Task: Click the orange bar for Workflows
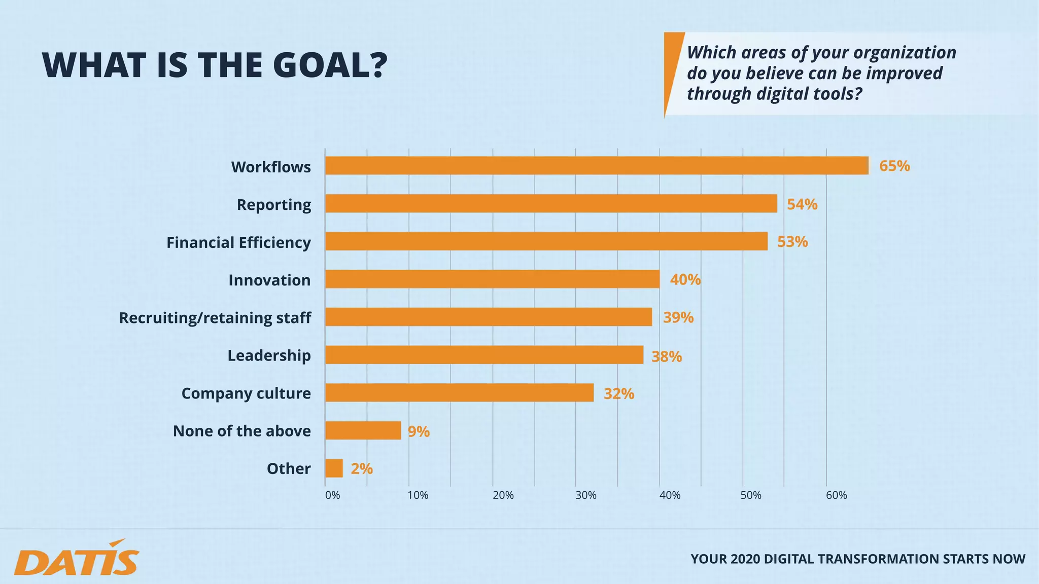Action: point(597,166)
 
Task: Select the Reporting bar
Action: point(551,204)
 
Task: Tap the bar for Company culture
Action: point(459,393)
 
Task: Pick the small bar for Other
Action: point(334,468)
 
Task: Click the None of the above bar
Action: point(363,431)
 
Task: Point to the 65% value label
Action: point(894,166)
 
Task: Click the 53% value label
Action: point(792,242)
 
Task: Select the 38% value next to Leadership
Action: point(667,357)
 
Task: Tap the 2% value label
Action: point(362,469)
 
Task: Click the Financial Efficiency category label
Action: point(238,243)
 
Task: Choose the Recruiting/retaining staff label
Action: point(215,318)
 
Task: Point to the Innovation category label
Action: point(269,280)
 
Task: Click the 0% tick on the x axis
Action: point(332,495)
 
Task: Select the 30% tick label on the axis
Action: point(586,495)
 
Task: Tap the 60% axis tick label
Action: point(837,495)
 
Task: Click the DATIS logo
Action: point(76,559)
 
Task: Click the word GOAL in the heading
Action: point(330,65)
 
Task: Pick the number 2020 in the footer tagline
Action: point(745,559)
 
